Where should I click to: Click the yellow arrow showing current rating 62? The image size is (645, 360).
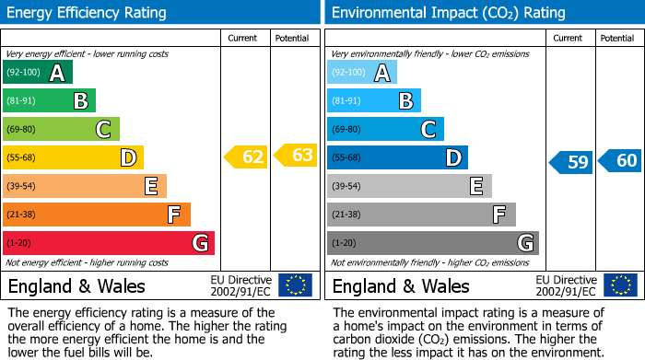pyautogui.click(x=246, y=157)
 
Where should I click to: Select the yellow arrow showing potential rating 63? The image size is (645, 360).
pyautogui.click(x=296, y=156)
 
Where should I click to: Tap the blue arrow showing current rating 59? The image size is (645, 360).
pyautogui.click(x=570, y=163)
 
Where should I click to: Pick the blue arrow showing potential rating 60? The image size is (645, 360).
pyautogui.click(x=620, y=161)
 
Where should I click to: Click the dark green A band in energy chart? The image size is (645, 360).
pyautogui.click(x=38, y=73)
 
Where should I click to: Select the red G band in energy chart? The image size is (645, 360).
pyautogui.click(x=109, y=243)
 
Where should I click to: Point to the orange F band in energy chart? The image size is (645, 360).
pyautogui.click(x=97, y=215)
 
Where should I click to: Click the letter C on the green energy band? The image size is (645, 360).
pyautogui.click(x=106, y=130)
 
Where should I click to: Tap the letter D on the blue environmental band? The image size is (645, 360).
pyautogui.click(x=453, y=158)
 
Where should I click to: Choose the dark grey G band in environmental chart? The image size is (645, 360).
pyautogui.click(x=433, y=243)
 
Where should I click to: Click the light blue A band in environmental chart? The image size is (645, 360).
pyautogui.click(x=362, y=73)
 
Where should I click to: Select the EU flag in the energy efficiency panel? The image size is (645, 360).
pyautogui.click(x=295, y=285)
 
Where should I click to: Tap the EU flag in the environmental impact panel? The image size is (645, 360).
pyautogui.click(x=619, y=285)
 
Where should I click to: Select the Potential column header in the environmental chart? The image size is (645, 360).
pyautogui.click(x=617, y=38)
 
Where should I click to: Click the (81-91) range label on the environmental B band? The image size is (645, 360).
pyautogui.click(x=347, y=101)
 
